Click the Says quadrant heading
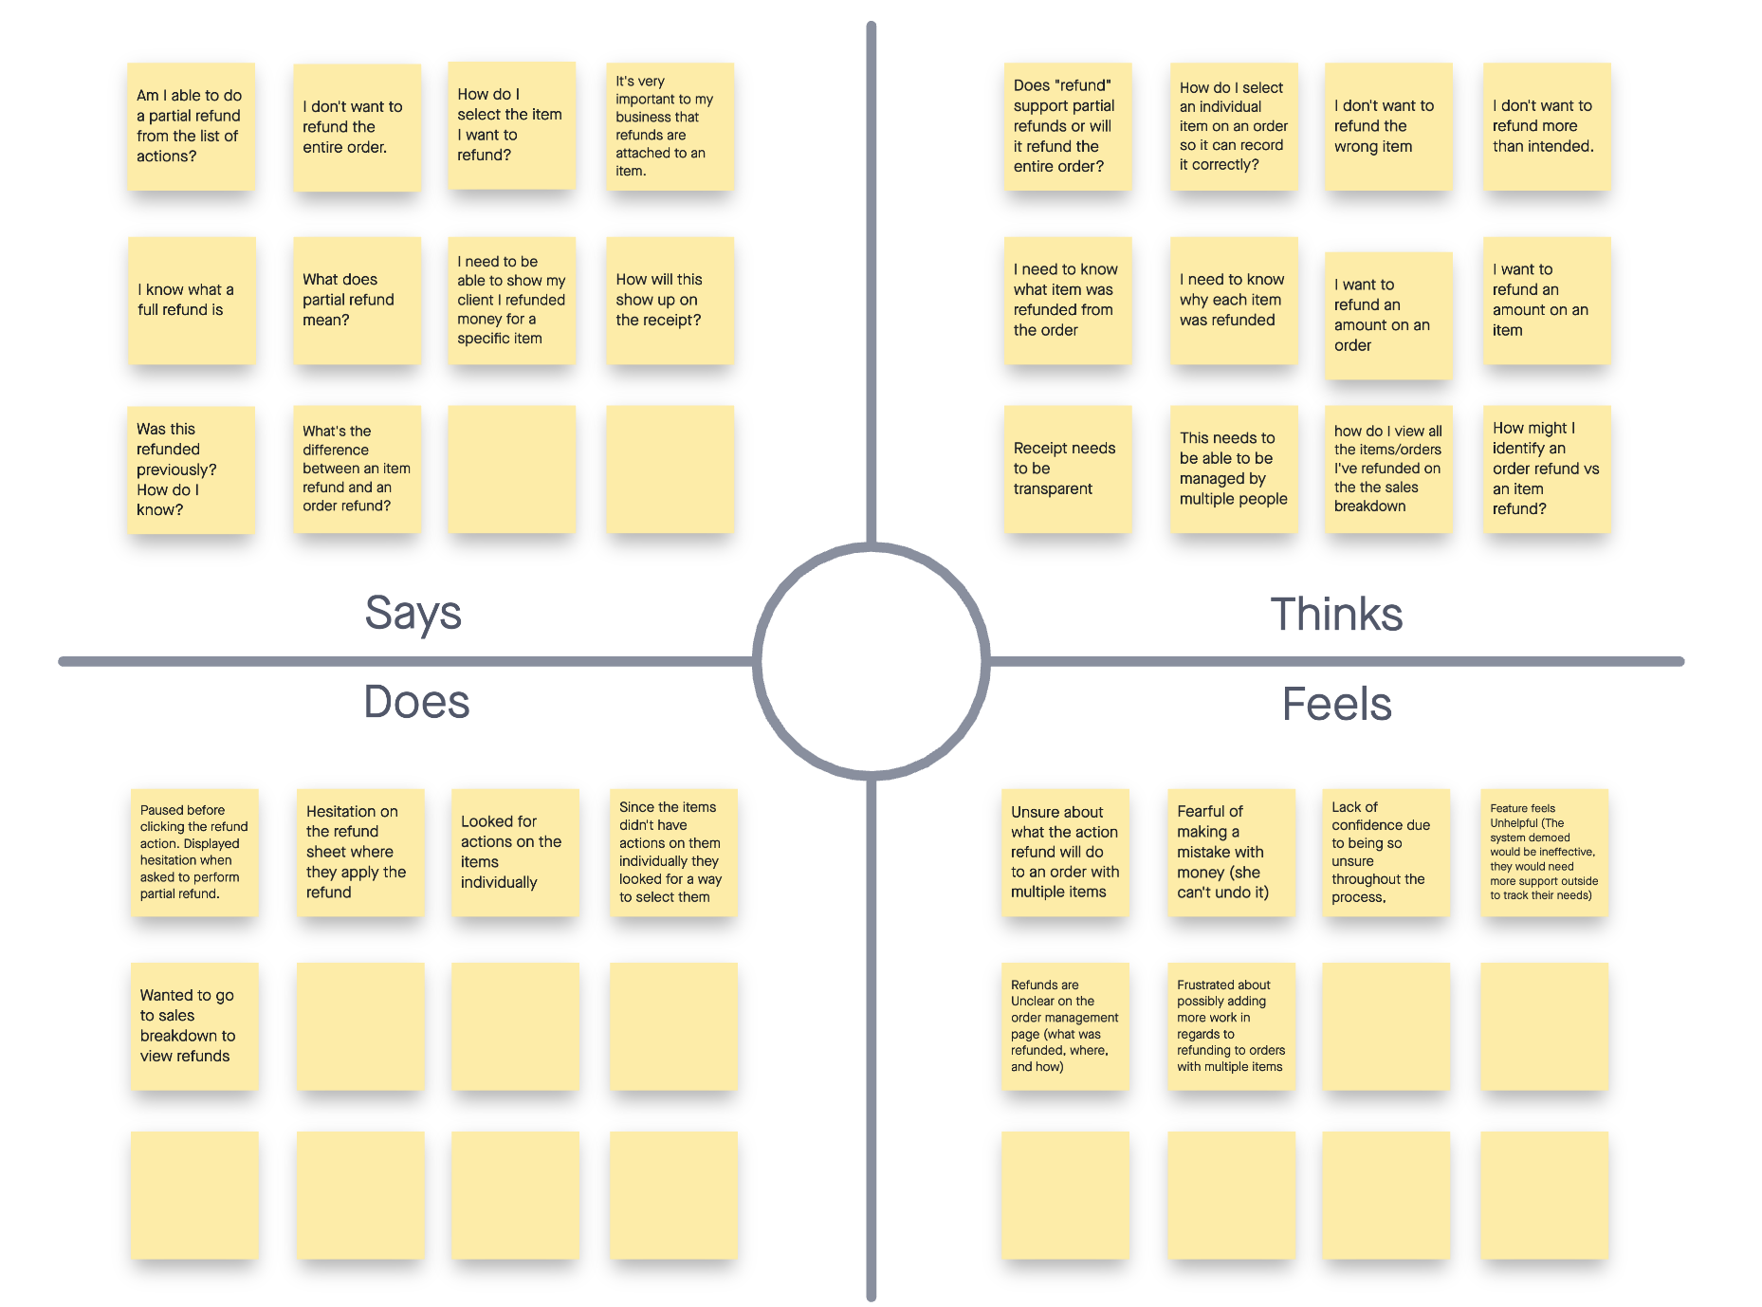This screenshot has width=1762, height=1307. click(x=413, y=613)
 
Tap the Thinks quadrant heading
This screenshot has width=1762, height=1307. click(x=1335, y=615)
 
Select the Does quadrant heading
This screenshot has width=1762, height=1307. click(x=416, y=702)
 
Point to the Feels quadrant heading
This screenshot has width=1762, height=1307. click(x=1336, y=705)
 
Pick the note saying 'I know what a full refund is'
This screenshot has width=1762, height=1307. click(x=192, y=301)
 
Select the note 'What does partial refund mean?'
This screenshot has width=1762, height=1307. click(x=357, y=301)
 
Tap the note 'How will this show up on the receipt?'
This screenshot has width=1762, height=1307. click(x=670, y=301)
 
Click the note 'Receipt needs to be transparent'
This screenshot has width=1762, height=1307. click(x=1067, y=469)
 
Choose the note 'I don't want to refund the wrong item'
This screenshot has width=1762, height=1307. click(x=1387, y=126)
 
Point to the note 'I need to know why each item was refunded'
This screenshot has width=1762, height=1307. click(x=1233, y=301)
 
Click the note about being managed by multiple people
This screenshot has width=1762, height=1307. click(x=1233, y=469)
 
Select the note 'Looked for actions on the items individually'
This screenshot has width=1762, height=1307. click(x=515, y=852)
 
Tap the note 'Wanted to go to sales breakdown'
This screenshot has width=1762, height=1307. click(x=194, y=1026)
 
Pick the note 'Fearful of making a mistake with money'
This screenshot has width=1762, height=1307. click(x=1230, y=852)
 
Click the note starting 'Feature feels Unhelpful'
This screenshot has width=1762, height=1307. click(x=1544, y=852)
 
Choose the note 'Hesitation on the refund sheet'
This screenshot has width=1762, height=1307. click(x=360, y=852)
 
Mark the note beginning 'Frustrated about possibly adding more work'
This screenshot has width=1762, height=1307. click(x=1230, y=1026)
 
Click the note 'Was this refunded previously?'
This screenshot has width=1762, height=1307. click(x=191, y=469)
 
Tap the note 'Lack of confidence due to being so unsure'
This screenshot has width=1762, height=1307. click(x=1386, y=852)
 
